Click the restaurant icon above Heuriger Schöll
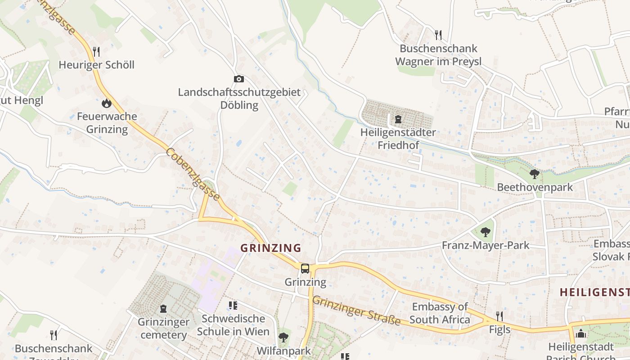point(96,51)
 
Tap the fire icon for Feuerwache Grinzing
point(107,103)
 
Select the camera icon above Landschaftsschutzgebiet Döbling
point(239,79)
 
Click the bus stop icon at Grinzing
point(305,269)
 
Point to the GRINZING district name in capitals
point(271,248)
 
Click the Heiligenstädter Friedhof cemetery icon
point(398,119)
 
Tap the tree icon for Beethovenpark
point(535,174)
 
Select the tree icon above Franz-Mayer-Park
point(485,232)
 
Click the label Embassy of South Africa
point(440,314)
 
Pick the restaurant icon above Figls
point(499,316)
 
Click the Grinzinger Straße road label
point(356,310)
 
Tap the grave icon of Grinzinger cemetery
point(163,309)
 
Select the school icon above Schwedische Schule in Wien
point(233,306)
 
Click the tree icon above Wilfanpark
point(283,337)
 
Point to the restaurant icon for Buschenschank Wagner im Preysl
point(438,35)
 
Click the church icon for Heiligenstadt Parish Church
point(581,334)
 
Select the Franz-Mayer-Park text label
point(486,246)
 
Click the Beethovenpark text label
point(535,187)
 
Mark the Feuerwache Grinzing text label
point(107,123)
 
